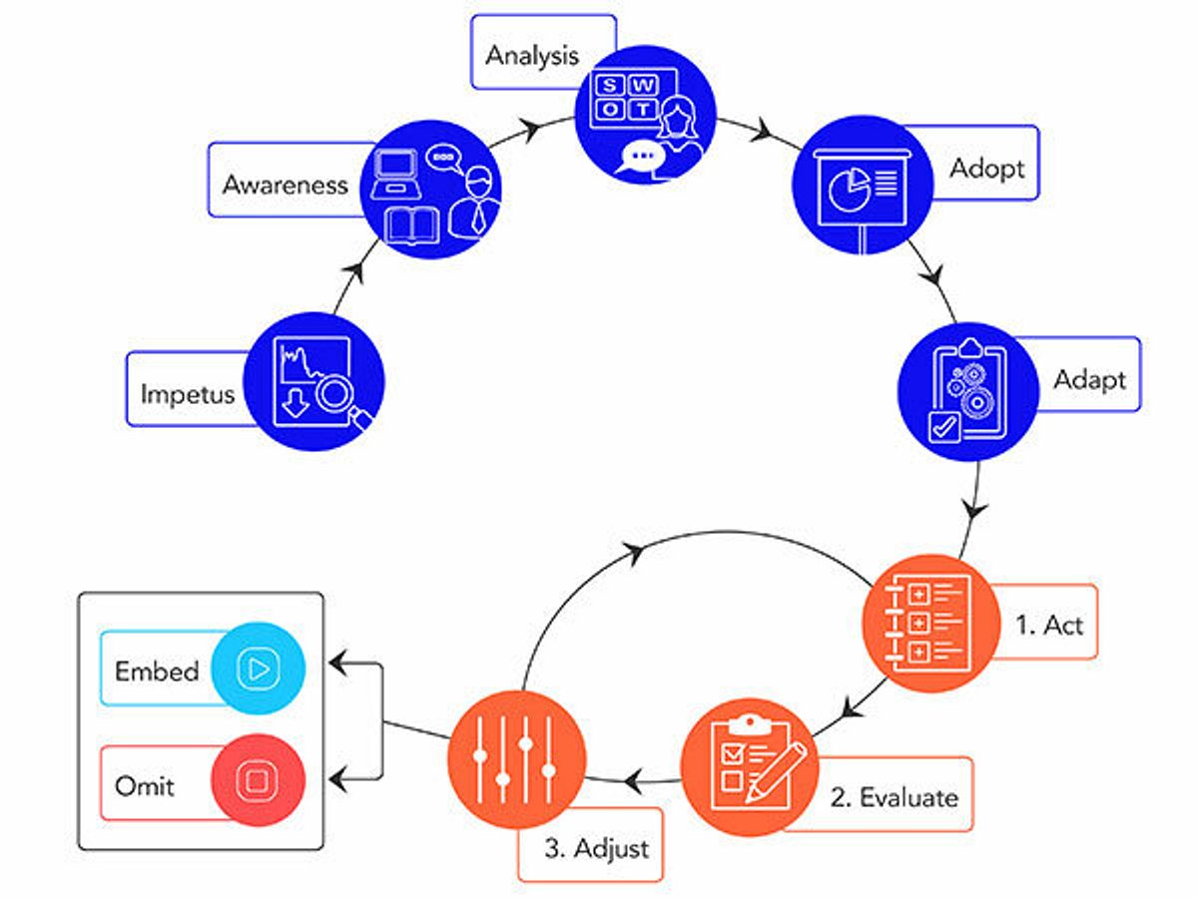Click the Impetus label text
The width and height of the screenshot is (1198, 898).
click(x=187, y=393)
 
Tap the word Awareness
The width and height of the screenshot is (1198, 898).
click(x=285, y=185)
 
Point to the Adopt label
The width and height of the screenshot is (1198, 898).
click(x=986, y=168)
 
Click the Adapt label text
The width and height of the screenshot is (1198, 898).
click(x=1089, y=380)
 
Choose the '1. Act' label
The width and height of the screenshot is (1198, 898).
click(x=1048, y=626)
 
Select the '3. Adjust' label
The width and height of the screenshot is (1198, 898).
click(x=596, y=848)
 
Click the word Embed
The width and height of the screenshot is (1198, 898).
click(x=157, y=671)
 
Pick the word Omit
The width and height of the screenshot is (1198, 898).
click(x=145, y=785)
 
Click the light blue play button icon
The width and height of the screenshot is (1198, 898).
click(x=259, y=670)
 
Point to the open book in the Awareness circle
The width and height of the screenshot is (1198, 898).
click(x=413, y=227)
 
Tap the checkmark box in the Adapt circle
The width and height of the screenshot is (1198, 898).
click(x=943, y=426)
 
